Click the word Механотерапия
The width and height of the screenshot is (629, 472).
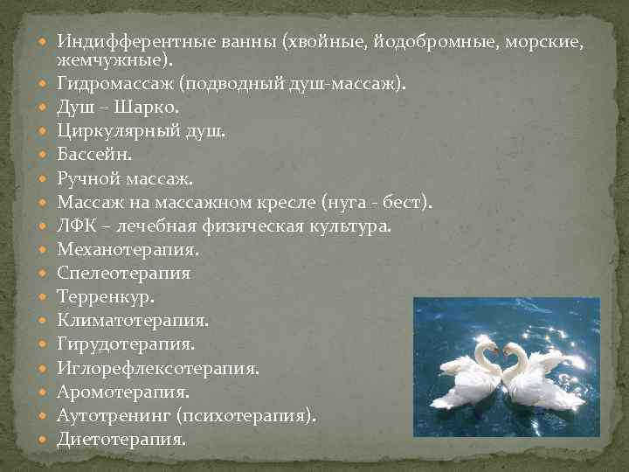[128, 249]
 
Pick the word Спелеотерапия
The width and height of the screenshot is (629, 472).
[123, 273]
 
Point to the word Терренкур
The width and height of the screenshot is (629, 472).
[105, 296]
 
